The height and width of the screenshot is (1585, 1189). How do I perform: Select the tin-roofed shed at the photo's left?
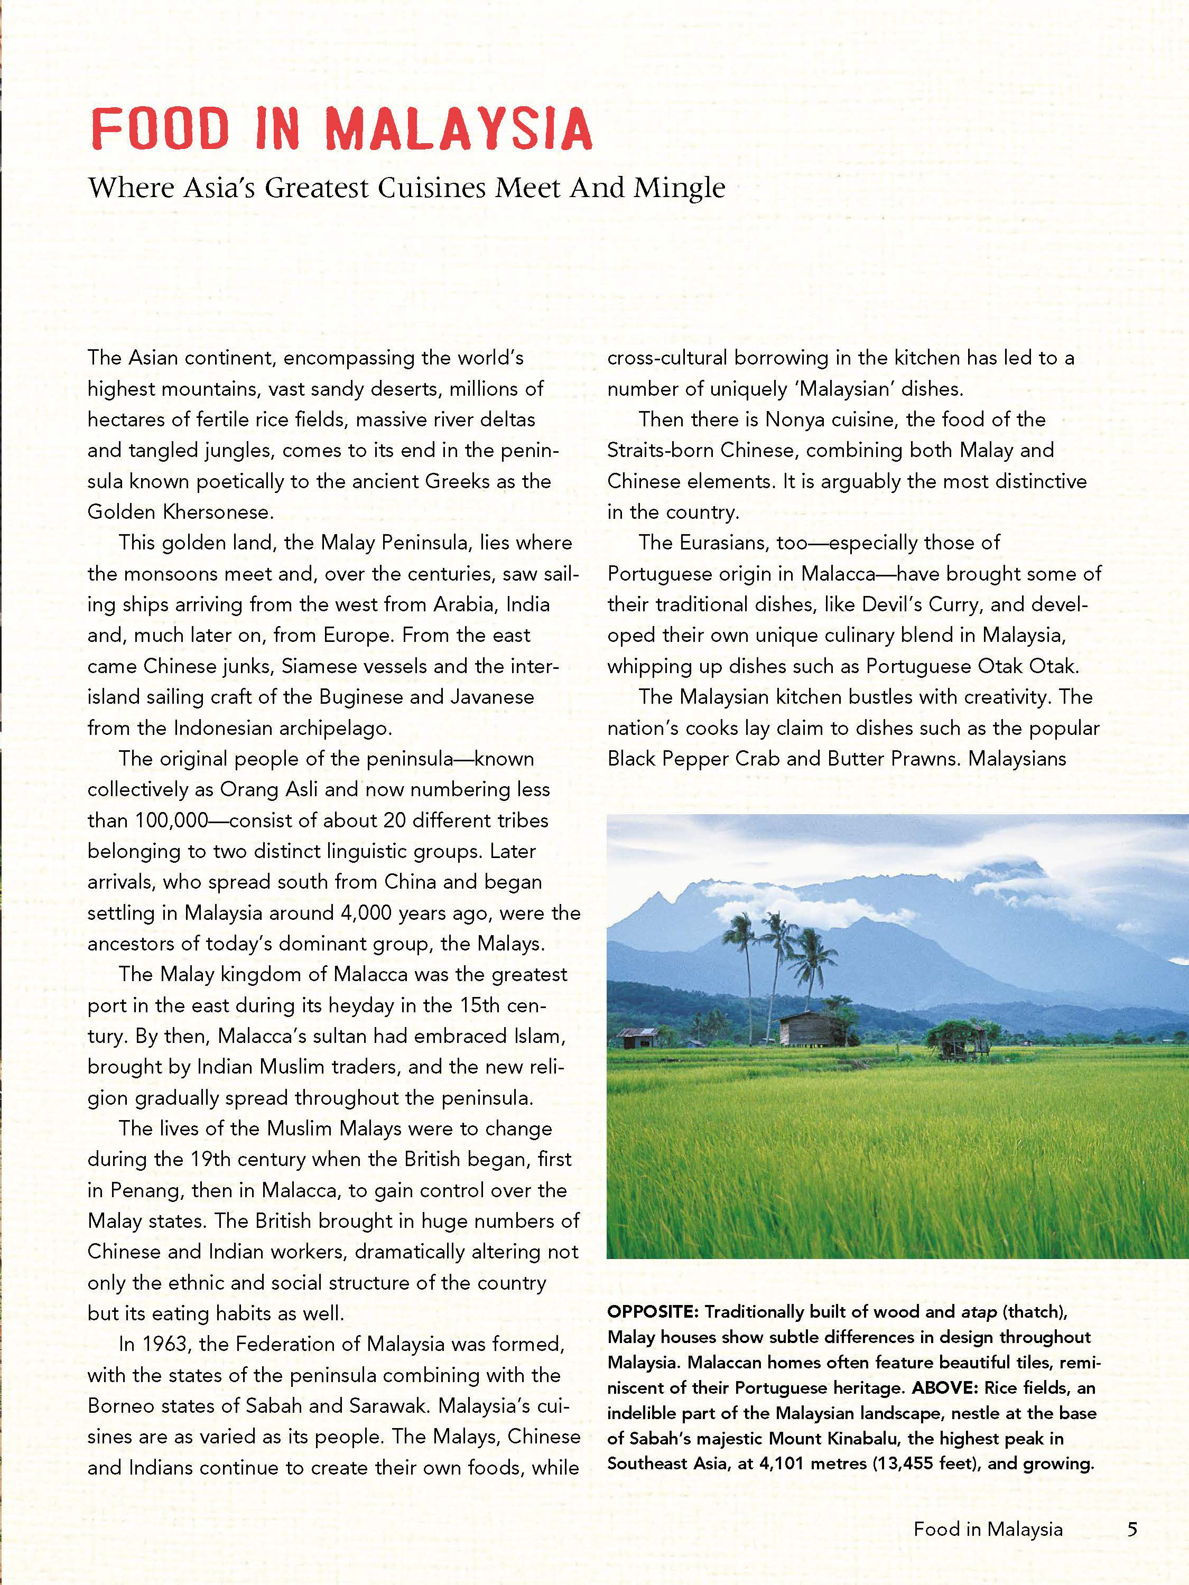638,1037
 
